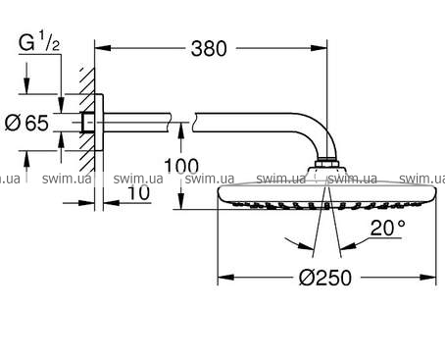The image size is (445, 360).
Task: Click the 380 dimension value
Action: pos(209,49)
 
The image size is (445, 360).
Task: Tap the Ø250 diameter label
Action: pos(325,278)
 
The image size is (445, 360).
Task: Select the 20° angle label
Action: pos(388,228)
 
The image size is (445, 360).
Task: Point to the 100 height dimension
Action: pos(181,166)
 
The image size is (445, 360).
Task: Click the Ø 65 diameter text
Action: pos(26,123)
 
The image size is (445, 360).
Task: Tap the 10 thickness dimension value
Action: pos(138,192)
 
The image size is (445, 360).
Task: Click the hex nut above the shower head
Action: pos(326,163)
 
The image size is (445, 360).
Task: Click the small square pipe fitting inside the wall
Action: pos(88,123)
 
